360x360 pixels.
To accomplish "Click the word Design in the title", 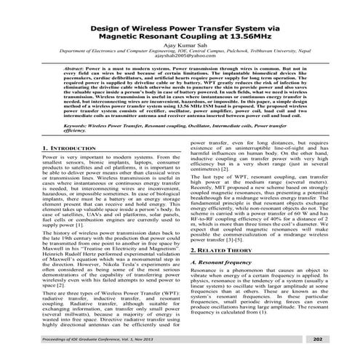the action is tap(106, 23).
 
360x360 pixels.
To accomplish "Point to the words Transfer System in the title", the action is tap(231, 23).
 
